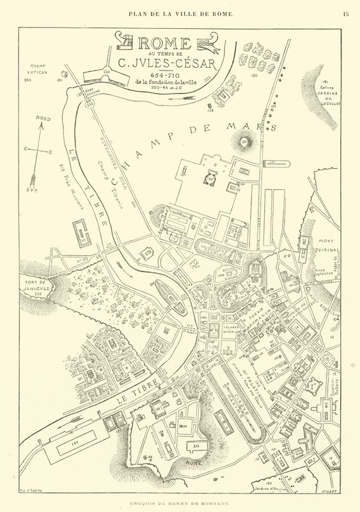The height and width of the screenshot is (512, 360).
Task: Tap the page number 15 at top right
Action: tap(346, 13)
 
